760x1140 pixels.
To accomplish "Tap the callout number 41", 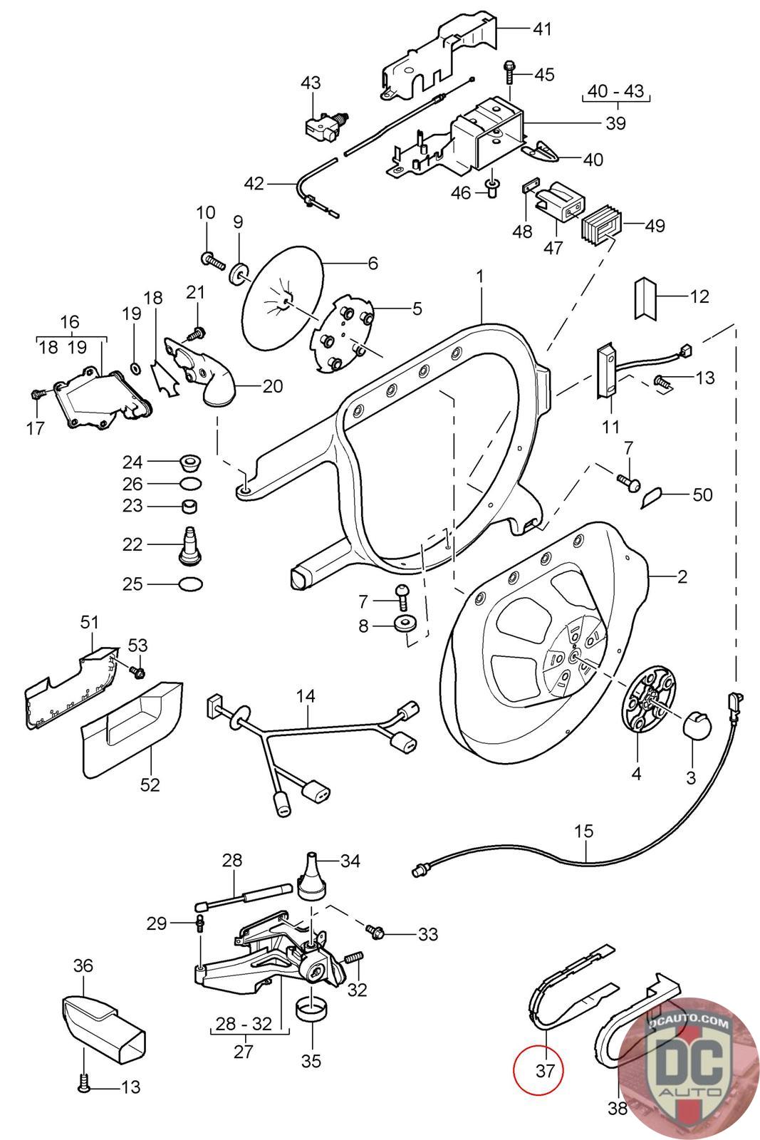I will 542,29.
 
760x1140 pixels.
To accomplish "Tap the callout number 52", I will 150,784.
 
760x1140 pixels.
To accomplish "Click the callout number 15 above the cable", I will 583,831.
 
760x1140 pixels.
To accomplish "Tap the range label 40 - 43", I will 615,91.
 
